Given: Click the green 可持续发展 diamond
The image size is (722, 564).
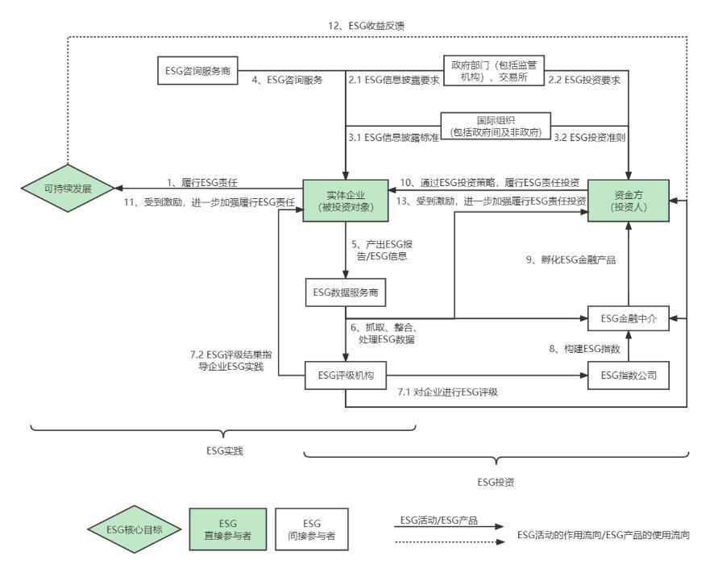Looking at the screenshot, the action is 68,189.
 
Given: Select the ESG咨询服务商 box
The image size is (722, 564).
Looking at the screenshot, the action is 197,70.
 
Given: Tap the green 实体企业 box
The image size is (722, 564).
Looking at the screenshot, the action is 346,201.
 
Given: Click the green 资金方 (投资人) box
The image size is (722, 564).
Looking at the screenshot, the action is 628,201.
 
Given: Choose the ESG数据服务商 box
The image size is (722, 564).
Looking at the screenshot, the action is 346,292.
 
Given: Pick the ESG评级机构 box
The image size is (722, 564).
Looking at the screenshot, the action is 346,375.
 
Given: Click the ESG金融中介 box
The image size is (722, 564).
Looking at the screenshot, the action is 628,318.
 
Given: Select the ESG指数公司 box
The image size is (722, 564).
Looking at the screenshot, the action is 628,375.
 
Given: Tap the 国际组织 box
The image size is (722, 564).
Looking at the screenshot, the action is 496,126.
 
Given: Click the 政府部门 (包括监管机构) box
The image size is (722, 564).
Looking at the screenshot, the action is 494,70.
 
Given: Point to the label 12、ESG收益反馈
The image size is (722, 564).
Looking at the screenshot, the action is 366,26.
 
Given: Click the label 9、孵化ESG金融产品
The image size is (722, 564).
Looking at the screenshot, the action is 571,259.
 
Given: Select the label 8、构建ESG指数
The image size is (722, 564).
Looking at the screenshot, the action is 585,349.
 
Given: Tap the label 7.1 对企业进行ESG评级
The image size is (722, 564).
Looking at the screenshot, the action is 447,392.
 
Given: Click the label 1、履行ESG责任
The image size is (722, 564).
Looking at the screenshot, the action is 202,182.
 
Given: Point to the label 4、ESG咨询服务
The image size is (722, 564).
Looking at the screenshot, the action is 287,80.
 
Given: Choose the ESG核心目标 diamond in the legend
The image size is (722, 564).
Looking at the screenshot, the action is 134,529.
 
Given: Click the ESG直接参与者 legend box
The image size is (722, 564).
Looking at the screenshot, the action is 228,529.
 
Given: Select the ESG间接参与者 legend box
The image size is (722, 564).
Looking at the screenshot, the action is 312,529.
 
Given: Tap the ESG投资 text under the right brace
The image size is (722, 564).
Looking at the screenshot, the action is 496,482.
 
